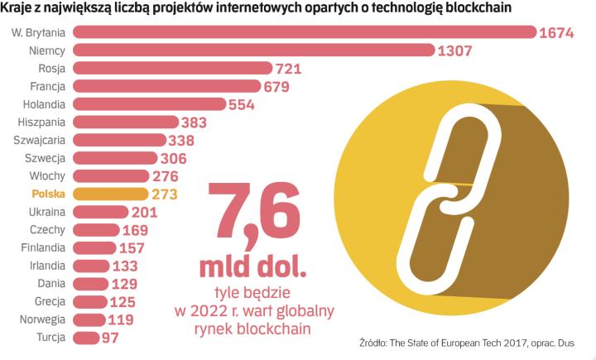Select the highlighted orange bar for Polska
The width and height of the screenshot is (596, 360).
111,194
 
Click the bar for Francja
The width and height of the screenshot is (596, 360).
166,86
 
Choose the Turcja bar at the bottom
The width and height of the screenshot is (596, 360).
86,338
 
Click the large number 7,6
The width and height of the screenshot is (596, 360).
252,214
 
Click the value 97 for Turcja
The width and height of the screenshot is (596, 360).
111,338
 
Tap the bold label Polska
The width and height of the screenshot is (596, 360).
49,194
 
